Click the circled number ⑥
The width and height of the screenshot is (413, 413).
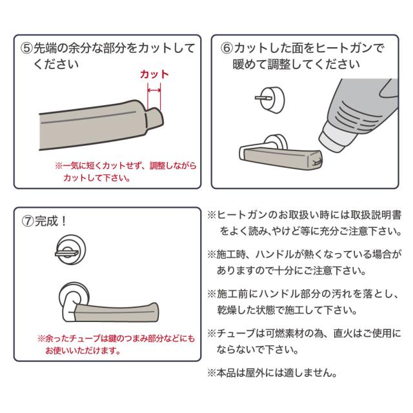pos(227,48)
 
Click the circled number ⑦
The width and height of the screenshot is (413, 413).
pos(28,219)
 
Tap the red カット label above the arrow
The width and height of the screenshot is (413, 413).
pos(154,74)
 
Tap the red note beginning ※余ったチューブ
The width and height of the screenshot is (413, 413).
pos(116,344)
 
